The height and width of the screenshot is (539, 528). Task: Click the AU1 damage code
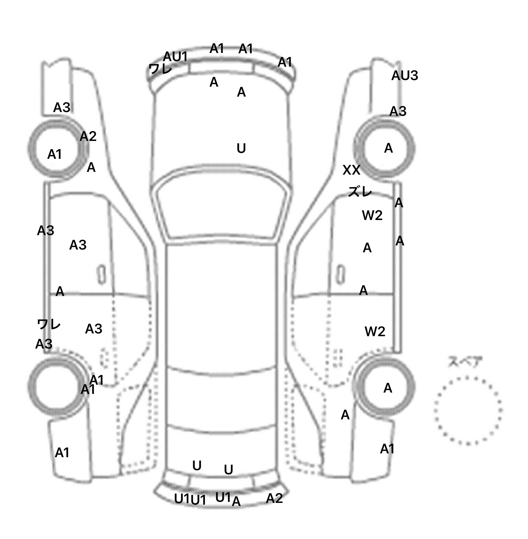tap(175, 57)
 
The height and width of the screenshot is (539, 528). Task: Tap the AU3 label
tap(405, 76)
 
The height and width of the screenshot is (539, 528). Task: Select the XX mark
tap(351, 170)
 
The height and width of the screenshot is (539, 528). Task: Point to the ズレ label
tap(360, 191)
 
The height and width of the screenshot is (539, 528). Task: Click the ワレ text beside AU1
tap(160, 69)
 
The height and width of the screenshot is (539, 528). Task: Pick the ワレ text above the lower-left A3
tap(49, 324)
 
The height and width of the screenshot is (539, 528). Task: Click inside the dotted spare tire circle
tap(467, 410)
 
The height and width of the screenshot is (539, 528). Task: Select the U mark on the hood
tap(241, 148)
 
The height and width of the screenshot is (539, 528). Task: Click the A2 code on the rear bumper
tap(274, 498)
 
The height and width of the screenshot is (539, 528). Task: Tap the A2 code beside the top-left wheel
tap(88, 137)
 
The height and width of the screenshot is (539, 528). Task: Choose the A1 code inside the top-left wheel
tap(54, 155)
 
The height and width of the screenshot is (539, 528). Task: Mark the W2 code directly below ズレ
tap(372, 216)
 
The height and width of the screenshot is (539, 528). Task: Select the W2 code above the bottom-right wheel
tap(375, 331)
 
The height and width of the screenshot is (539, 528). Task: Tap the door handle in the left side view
tap(101, 274)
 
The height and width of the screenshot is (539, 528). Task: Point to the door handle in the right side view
tap(341, 274)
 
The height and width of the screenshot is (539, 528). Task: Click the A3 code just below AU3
tap(398, 111)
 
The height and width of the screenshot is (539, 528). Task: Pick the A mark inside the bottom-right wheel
tap(388, 388)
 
